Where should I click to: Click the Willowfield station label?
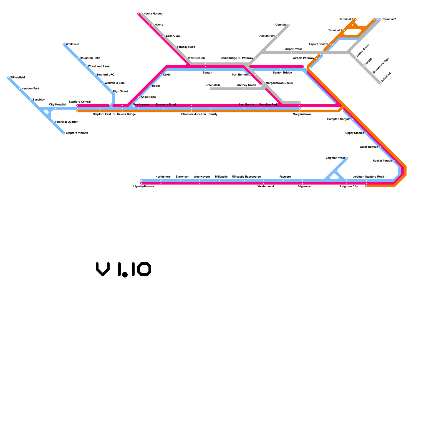[17, 78]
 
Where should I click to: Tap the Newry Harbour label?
[153, 14]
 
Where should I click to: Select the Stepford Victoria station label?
[77, 133]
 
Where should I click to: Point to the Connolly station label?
[281, 25]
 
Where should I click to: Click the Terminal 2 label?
[389, 19]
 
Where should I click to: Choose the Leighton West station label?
[335, 158]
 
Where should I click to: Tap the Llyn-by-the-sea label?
[143, 186]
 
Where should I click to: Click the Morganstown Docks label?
[279, 83]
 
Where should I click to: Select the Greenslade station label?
[213, 85]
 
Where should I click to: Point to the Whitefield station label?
[72, 44]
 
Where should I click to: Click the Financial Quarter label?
[66, 122]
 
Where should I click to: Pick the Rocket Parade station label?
[382, 161]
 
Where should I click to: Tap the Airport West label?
[293, 49]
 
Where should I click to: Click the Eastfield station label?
[386, 77]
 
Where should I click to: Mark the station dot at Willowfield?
[8, 78]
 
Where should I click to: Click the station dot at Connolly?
[289, 25]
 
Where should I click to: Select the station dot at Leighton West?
[347, 158]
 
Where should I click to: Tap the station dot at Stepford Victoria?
[64, 133]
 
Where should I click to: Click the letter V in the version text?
[103, 269]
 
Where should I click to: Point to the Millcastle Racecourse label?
[246, 177]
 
